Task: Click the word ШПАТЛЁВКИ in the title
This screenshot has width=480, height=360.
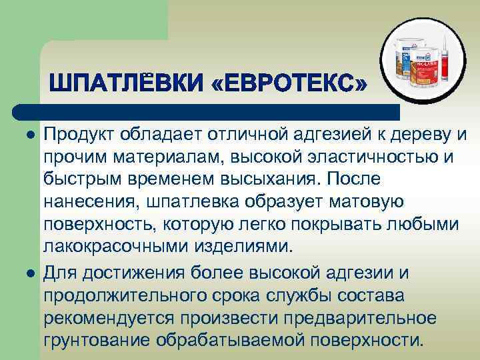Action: pyautogui.click(x=125, y=85)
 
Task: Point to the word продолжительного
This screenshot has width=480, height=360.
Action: pyautogui.click(x=117, y=296)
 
